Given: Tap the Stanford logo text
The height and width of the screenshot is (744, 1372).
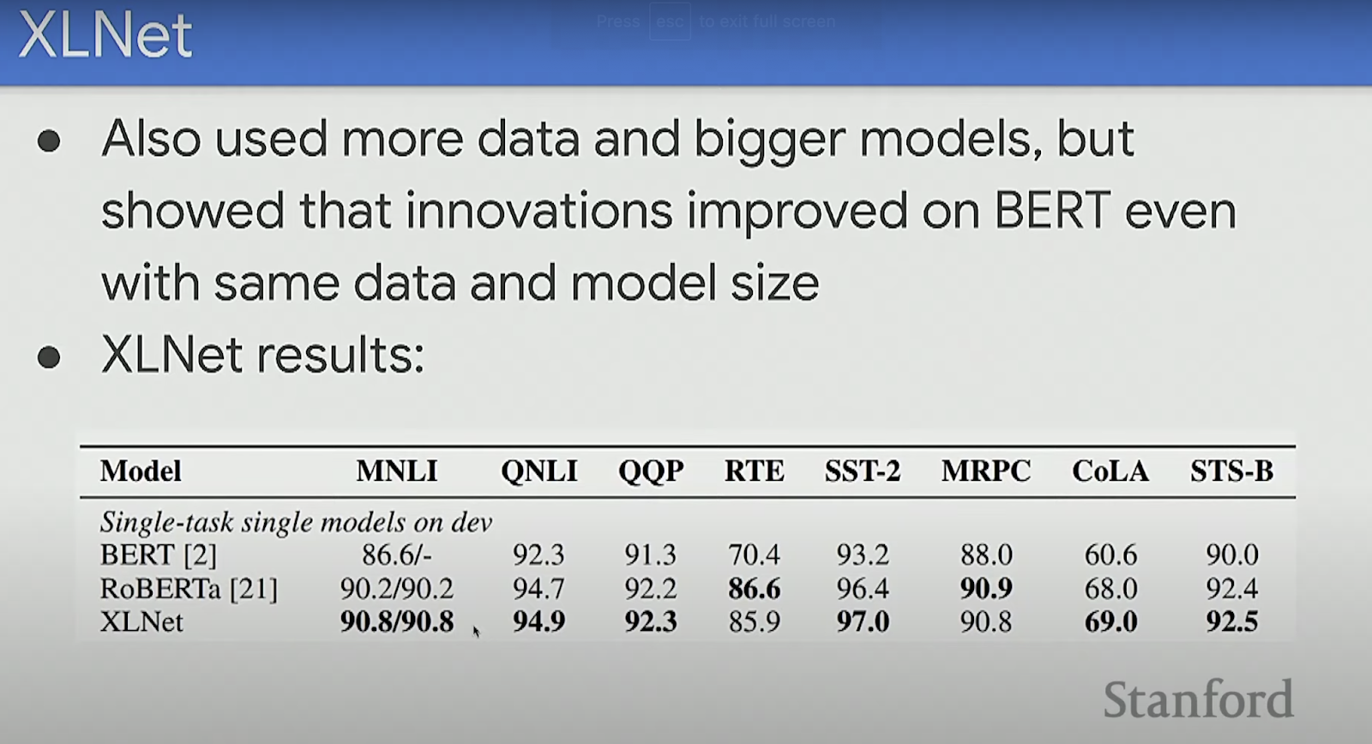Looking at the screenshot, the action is coord(1198,699).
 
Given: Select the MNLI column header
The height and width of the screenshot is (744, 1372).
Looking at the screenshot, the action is coord(397,471).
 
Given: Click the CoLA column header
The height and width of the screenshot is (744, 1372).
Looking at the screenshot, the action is coord(1110,471).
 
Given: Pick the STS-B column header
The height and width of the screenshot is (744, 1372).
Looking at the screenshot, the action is coord(1231,471).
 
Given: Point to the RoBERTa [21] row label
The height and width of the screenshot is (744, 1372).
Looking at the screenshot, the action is coord(189,589).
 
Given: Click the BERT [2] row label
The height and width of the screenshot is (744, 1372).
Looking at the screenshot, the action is coord(158,555).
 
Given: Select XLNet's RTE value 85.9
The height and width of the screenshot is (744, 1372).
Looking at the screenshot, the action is coord(754,621).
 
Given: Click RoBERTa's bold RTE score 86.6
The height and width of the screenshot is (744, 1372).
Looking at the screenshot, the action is coord(754,589).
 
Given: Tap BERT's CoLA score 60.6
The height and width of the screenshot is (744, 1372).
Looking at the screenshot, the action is coord(1110,555).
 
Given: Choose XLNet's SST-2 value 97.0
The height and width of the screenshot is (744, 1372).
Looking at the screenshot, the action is coord(863,621).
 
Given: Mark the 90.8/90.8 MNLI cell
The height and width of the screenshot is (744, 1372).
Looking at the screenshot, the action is coord(397,621).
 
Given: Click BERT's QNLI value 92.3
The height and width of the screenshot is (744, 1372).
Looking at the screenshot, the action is coord(539,555).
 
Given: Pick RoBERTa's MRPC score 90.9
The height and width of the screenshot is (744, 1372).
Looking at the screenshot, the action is coord(986,589).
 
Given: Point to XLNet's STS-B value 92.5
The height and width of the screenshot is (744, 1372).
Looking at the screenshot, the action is coord(1231,621).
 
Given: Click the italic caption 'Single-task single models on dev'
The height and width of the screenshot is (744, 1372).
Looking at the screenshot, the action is coord(296,522).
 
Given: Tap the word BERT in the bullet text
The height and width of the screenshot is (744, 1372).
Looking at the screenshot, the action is coord(1051,210).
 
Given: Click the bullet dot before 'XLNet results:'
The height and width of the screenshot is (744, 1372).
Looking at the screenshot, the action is coord(49,357).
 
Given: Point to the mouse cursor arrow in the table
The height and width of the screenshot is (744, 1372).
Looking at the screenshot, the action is coord(477,632).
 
